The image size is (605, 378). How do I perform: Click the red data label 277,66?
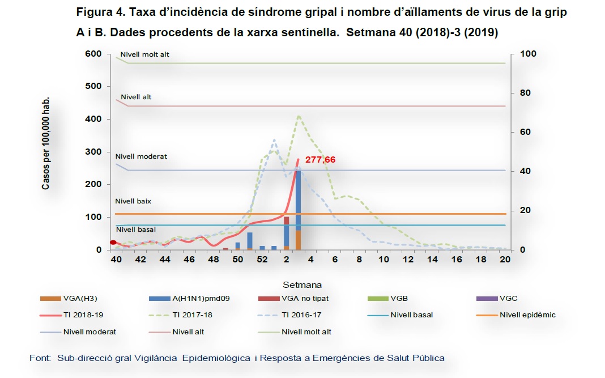click(320, 160)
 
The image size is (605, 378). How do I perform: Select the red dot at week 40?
click(113, 243)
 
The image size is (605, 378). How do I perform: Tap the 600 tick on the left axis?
click(93, 54)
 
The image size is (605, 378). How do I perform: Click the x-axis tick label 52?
click(262, 260)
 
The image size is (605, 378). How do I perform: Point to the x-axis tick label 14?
click(432, 260)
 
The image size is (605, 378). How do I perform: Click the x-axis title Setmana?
click(302, 284)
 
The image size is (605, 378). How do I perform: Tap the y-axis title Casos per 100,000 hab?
click(46, 143)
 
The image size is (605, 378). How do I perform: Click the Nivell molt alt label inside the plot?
click(145, 55)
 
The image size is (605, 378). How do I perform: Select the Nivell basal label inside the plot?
click(136, 230)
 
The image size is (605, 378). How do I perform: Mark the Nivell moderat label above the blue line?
click(141, 156)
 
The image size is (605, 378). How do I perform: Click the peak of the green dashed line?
click(299, 116)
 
